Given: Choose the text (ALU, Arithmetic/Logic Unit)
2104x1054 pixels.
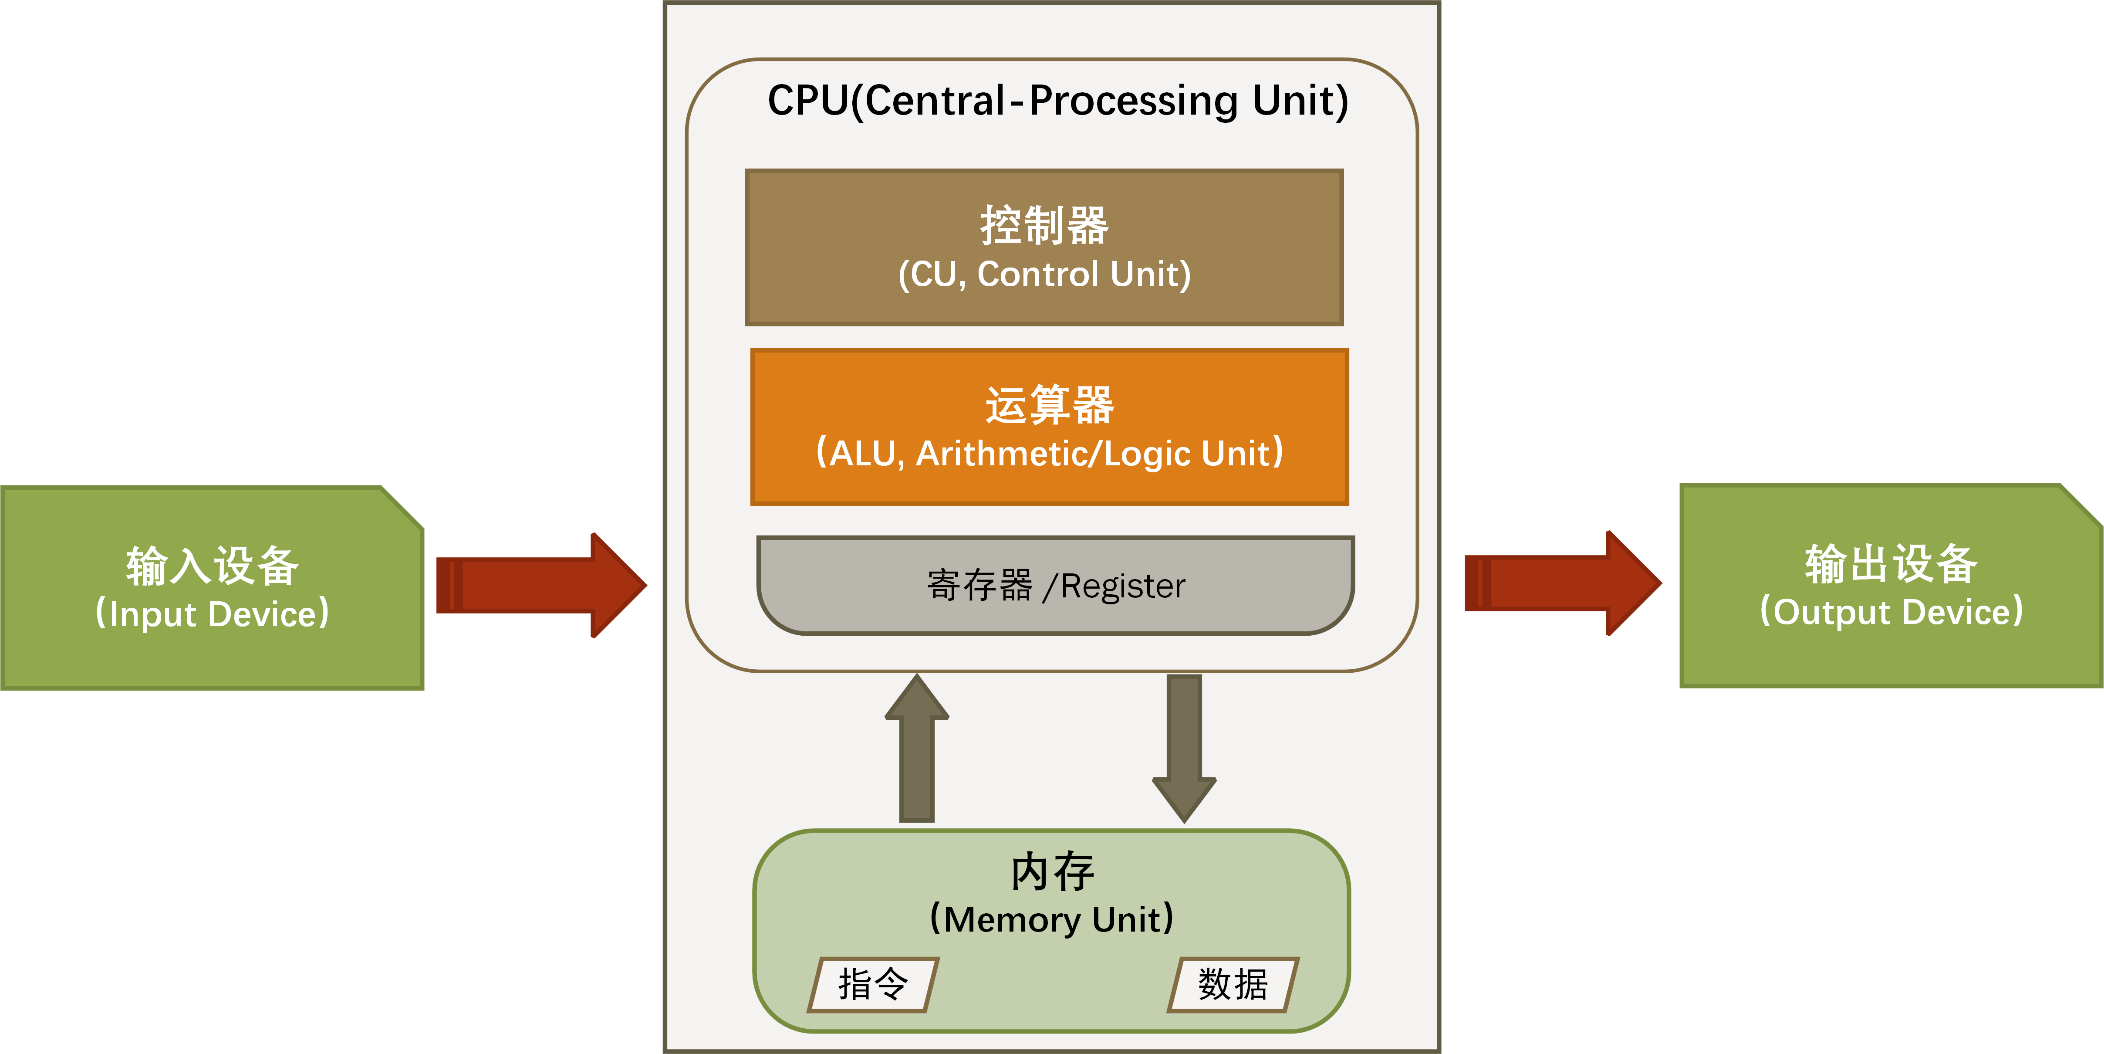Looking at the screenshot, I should pyautogui.click(x=1050, y=454).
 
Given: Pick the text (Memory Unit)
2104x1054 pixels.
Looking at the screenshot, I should pyautogui.click(x=1052, y=919).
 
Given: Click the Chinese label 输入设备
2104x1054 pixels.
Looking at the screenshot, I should pyautogui.click(x=213, y=566).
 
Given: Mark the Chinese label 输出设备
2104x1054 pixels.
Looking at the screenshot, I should pyautogui.click(x=1891, y=564).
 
